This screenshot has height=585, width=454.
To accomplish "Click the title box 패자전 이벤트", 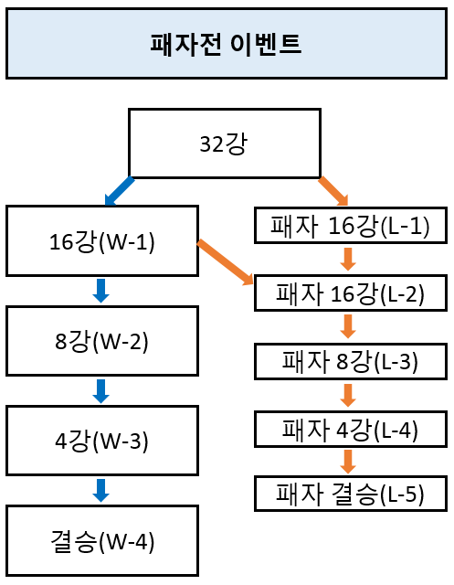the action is (x=227, y=44).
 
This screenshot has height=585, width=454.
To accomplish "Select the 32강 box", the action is (x=225, y=144).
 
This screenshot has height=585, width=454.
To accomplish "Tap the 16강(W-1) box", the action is (x=102, y=240).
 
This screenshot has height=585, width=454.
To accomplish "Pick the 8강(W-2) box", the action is (x=102, y=341).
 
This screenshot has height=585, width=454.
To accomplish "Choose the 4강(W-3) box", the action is (x=102, y=441).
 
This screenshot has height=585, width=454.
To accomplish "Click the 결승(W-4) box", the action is (x=102, y=540).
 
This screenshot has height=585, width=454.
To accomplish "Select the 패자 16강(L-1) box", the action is (x=351, y=226).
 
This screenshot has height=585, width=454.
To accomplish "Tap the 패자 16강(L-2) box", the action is (x=351, y=292).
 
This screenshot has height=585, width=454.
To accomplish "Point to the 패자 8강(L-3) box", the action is (x=351, y=361).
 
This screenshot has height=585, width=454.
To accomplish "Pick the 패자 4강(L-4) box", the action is (x=351, y=429).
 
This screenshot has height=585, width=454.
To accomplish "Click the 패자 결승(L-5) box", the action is (x=351, y=494).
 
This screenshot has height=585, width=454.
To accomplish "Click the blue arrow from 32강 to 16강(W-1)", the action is (x=120, y=191).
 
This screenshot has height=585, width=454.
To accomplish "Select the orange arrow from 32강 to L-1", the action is (x=333, y=191).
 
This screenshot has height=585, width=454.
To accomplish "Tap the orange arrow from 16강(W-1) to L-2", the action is (x=225, y=262).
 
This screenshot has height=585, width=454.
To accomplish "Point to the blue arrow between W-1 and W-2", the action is (x=101, y=291).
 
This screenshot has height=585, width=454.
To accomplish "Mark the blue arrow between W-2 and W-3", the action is (x=101, y=391).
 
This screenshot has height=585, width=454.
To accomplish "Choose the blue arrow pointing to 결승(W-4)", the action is (x=101, y=491).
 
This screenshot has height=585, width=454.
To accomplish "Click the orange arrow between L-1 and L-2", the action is (x=348, y=260).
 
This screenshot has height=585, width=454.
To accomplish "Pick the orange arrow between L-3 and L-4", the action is (x=348, y=396).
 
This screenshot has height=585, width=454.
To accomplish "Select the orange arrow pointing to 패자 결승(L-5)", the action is (x=348, y=462).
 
